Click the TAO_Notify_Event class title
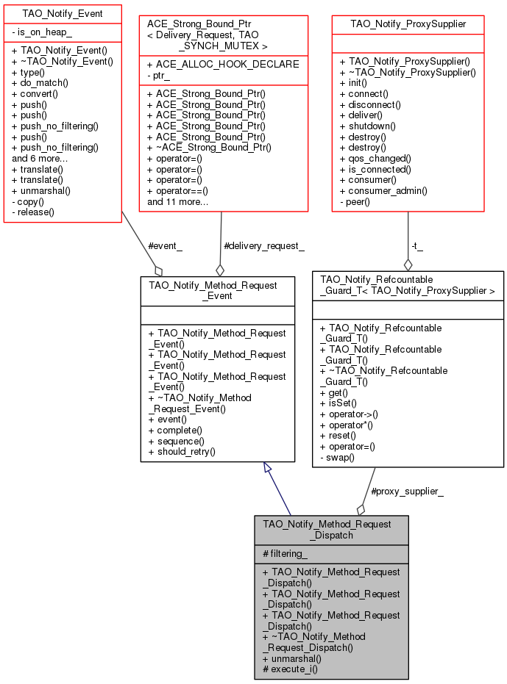[62, 13]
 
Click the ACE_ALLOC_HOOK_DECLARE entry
[223, 64]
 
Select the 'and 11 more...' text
[177, 201]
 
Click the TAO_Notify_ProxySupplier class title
[408, 24]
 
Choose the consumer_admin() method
[383, 190]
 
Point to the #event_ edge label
[166, 246]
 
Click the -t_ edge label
[417, 246]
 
